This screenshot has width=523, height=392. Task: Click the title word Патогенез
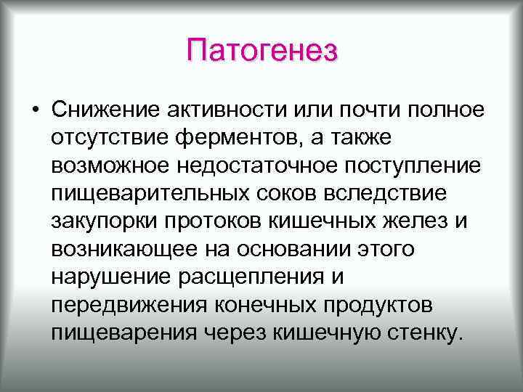(x=261, y=52)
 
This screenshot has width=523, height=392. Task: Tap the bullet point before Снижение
(x=35, y=111)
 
